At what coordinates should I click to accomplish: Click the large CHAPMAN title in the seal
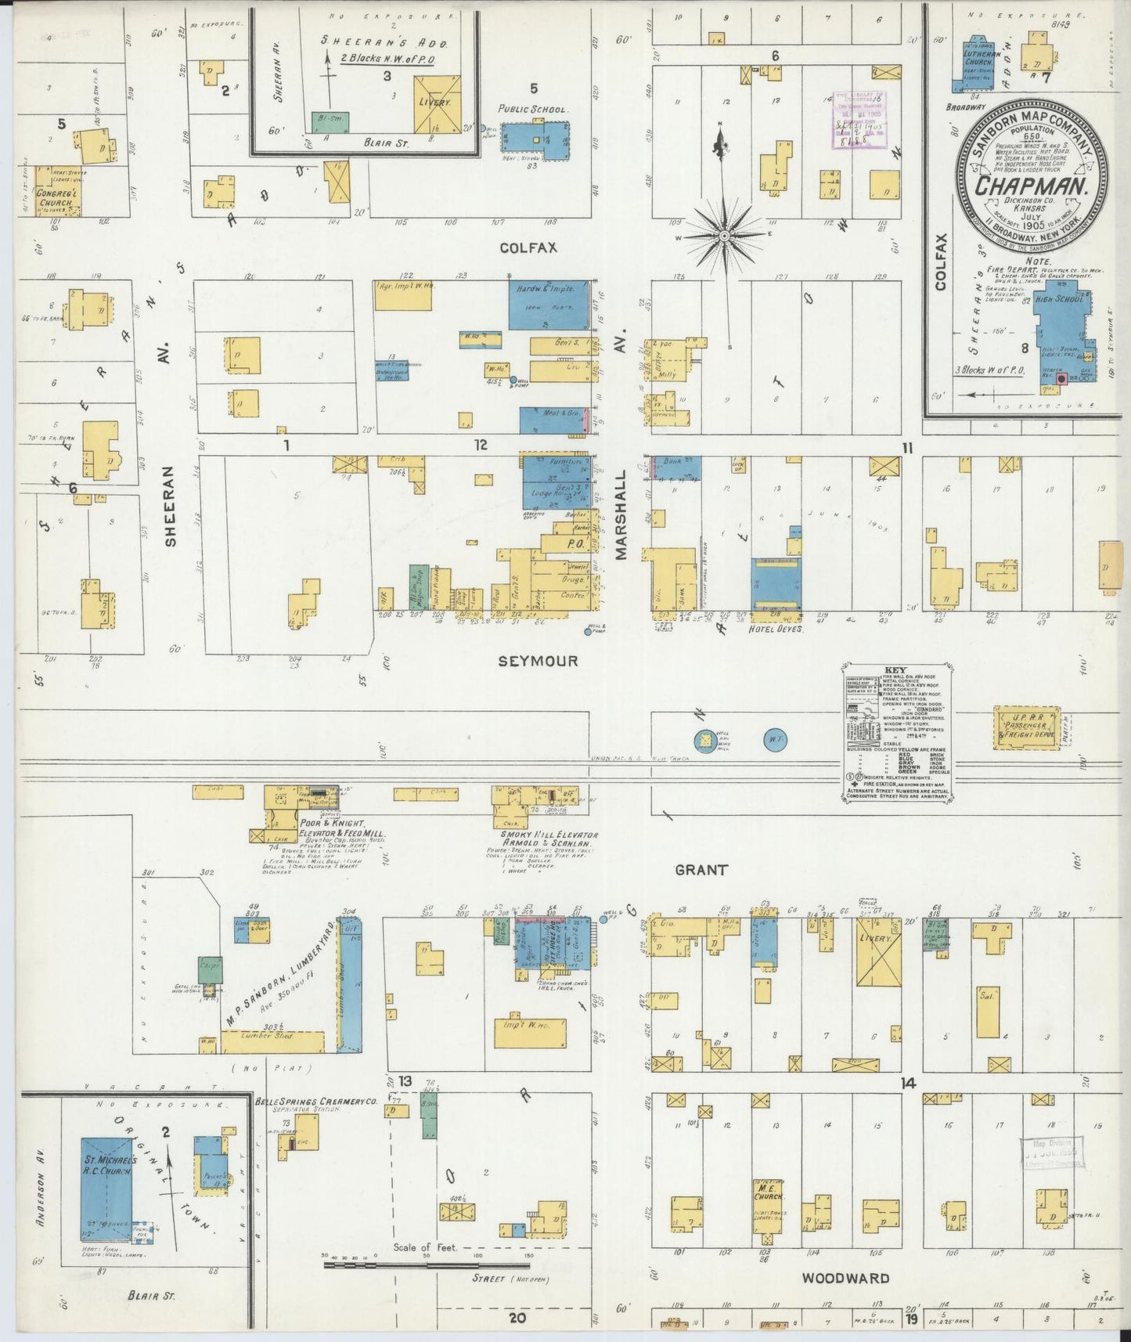(x=1032, y=186)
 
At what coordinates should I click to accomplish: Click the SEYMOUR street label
(x=538, y=661)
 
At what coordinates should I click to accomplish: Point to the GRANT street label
(x=701, y=869)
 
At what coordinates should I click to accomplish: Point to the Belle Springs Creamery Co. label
(x=316, y=1101)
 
